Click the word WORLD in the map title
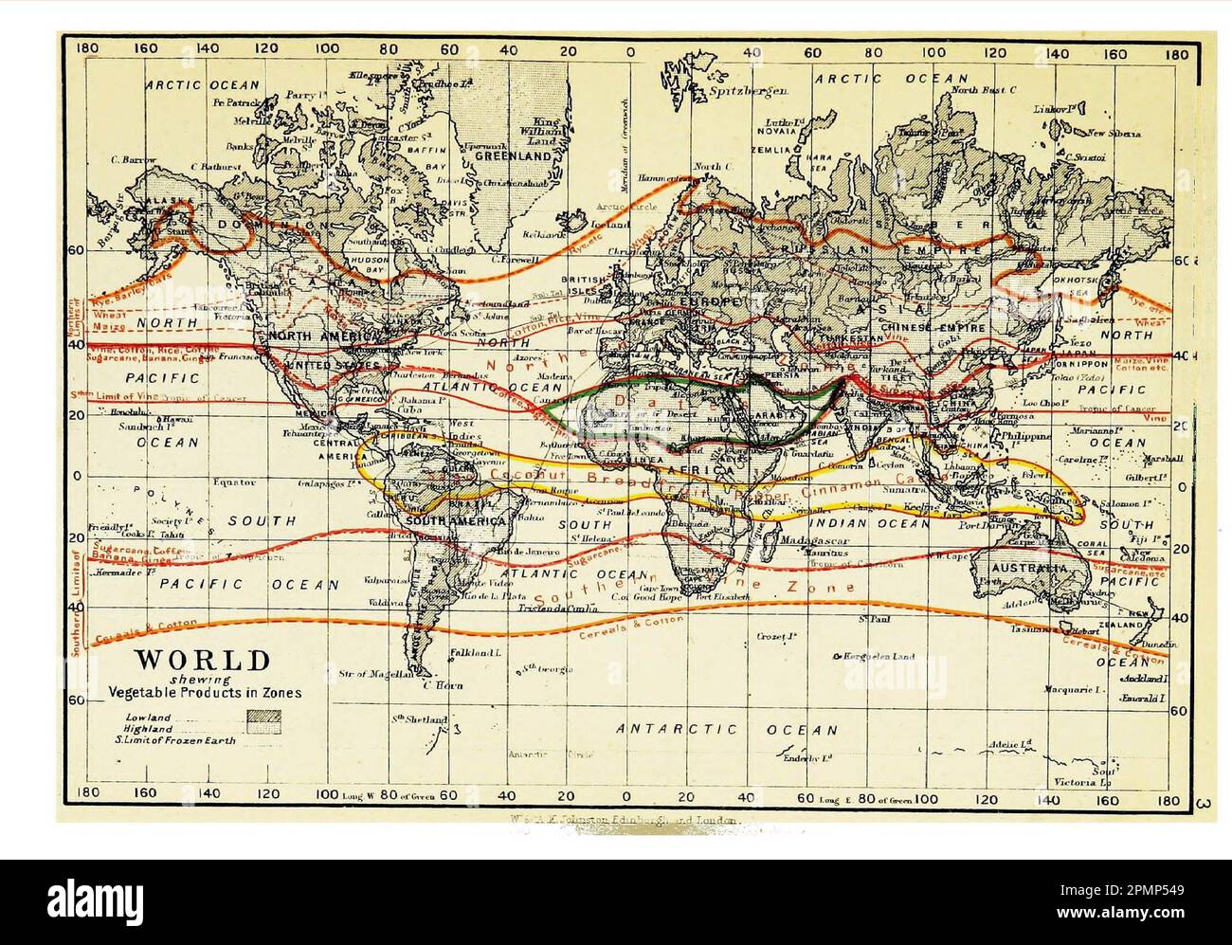(202, 660)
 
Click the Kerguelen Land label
(879, 656)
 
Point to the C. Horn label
(442, 684)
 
